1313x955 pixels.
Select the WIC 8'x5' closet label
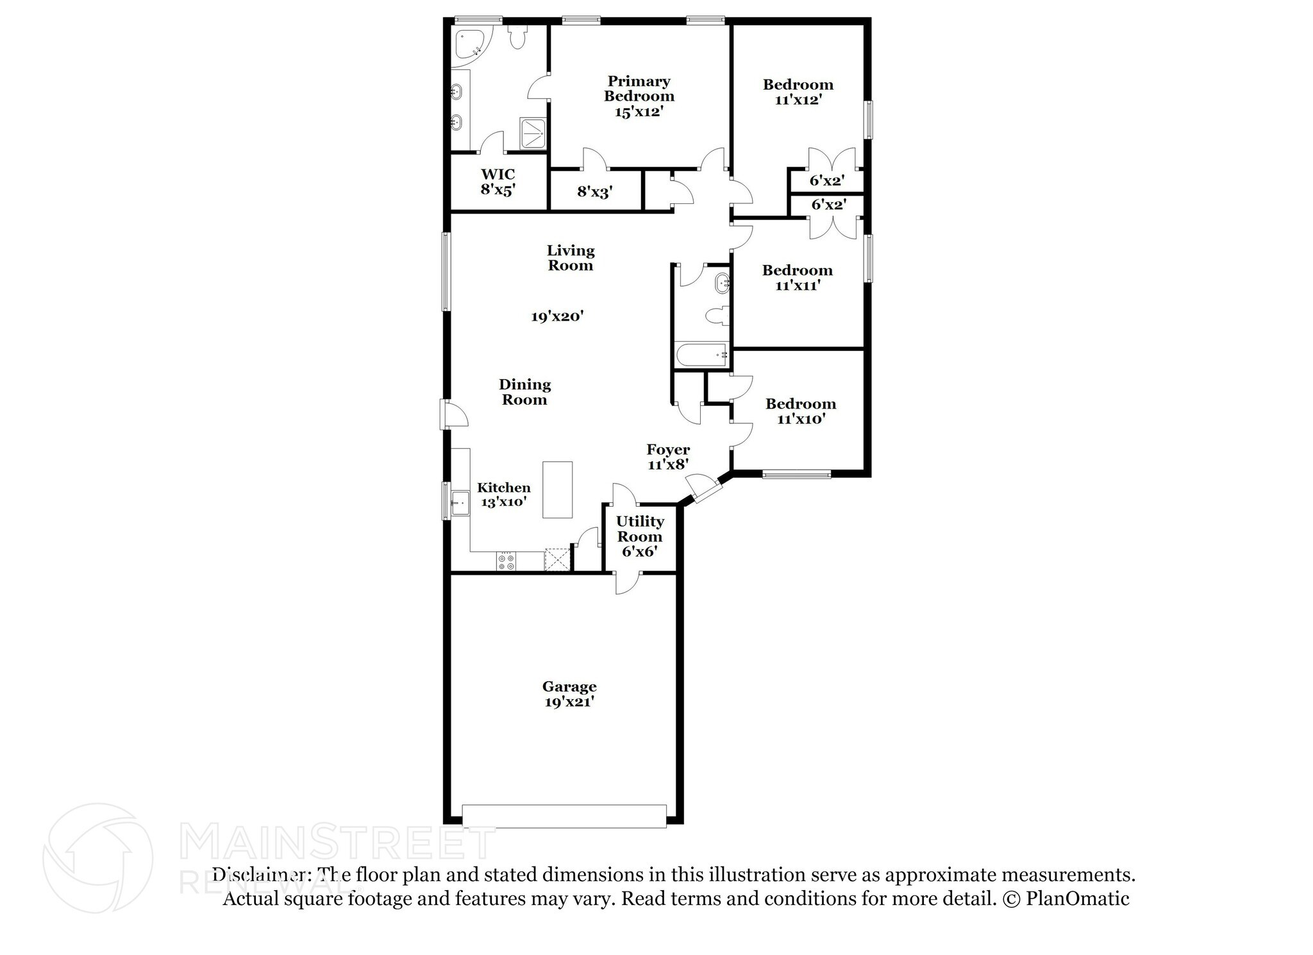click(x=498, y=182)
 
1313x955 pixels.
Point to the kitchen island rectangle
click(x=557, y=489)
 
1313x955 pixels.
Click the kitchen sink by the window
click(x=460, y=503)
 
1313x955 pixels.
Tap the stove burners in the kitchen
click(x=505, y=562)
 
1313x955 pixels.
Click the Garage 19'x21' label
click(x=569, y=694)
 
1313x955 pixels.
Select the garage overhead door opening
click(x=564, y=816)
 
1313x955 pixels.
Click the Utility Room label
click(x=640, y=528)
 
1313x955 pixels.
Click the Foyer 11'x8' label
click(x=668, y=457)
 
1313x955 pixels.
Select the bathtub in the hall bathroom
click(x=701, y=355)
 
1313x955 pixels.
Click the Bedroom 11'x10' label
click(x=801, y=411)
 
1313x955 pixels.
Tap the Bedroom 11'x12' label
click(x=798, y=92)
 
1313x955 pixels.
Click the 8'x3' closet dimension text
click(x=595, y=191)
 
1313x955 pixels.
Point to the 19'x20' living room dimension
click(x=557, y=316)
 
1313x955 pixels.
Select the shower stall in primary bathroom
click(x=532, y=133)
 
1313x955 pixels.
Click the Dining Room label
click(x=524, y=392)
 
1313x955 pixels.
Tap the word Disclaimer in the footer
click(x=258, y=875)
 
